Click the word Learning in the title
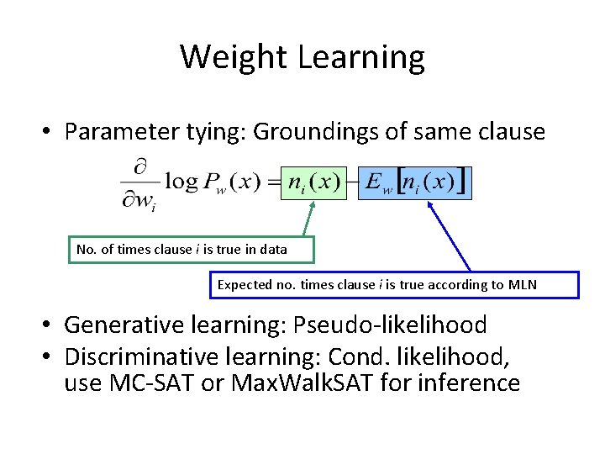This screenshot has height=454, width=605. click(x=361, y=57)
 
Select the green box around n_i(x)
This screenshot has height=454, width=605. click(x=313, y=181)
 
